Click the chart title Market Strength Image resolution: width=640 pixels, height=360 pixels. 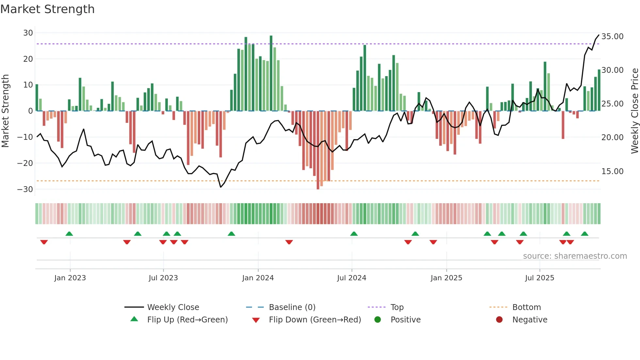pos(47,9)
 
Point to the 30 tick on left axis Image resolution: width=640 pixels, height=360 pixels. pos(28,33)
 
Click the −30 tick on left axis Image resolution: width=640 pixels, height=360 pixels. pos(25,189)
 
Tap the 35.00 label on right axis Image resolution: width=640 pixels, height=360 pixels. pos(612,37)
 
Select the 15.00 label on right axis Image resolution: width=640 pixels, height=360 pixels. pos(612,172)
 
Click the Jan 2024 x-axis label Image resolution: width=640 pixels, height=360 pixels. pos(258,278)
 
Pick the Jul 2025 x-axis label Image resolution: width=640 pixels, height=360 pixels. pos(539,278)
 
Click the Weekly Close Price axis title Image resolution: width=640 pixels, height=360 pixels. pos(634,111)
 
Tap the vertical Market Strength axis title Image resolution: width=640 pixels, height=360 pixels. pos(6,111)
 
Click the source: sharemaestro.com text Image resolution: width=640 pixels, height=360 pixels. pos(575,256)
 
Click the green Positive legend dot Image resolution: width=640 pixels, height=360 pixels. pos(378,320)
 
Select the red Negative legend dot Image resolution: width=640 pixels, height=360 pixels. pos(499,320)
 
